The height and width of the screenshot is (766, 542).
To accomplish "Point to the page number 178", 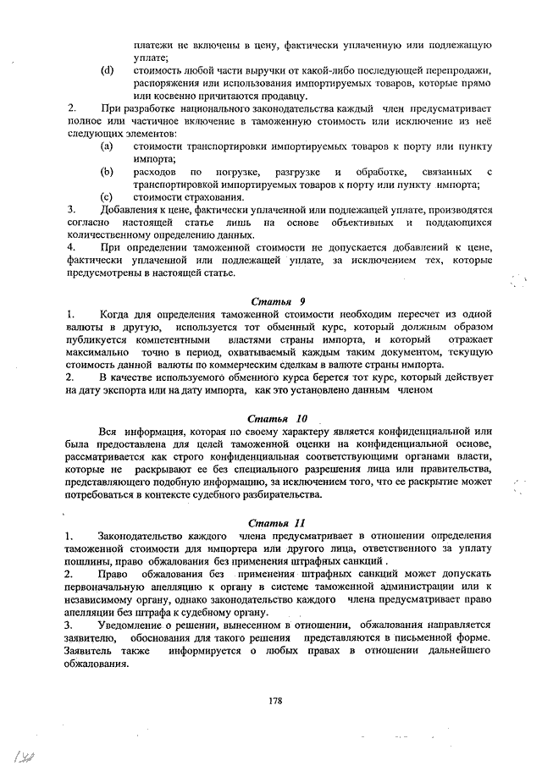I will (x=274, y=699).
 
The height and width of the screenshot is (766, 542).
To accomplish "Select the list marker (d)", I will (x=107, y=69).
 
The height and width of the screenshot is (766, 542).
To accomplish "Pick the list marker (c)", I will (x=107, y=196).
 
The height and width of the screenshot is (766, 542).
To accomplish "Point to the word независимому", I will (x=104, y=599).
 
